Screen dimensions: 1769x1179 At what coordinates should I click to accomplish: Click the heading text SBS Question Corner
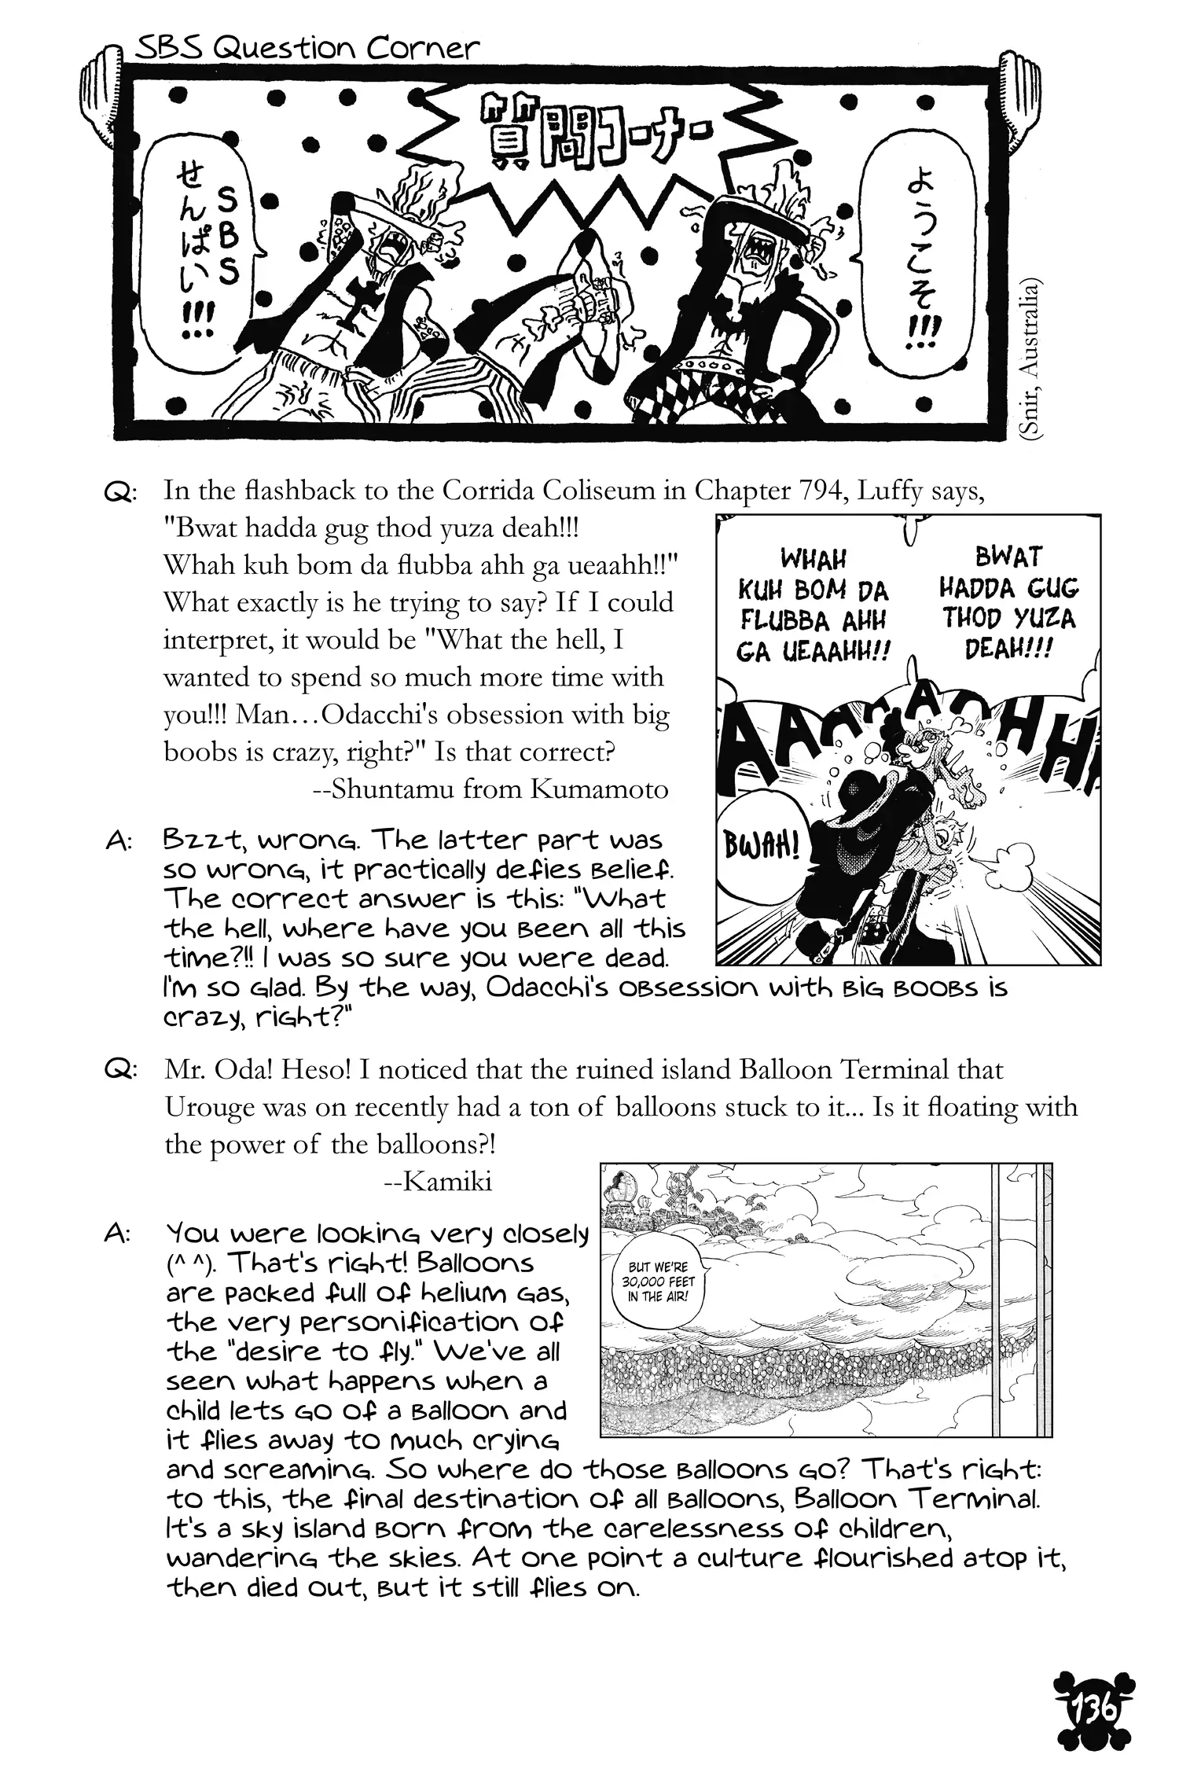tap(307, 49)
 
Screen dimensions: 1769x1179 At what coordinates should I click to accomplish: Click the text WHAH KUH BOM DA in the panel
tap(813, 574)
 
